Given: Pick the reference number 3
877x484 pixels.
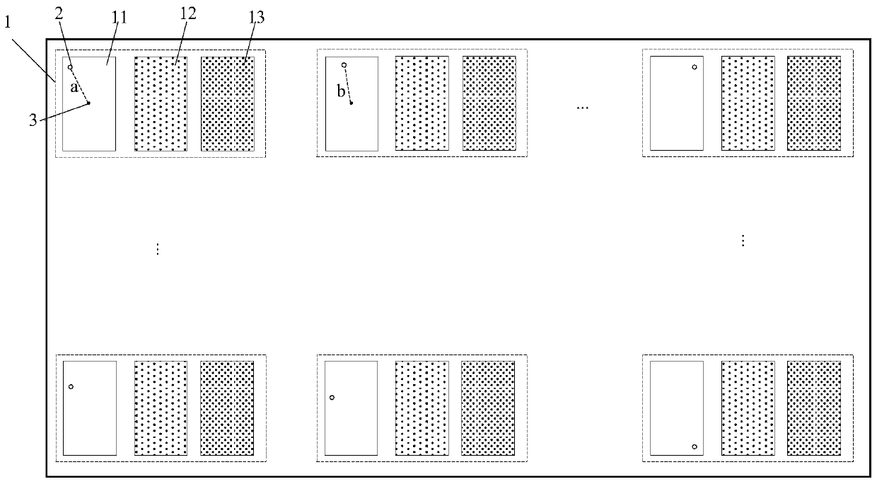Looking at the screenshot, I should point(33,120).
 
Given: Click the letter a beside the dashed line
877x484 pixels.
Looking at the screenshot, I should point(73,88).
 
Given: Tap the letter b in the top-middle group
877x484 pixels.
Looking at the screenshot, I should point(341,92).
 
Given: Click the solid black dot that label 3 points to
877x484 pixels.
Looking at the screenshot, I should point(88,103).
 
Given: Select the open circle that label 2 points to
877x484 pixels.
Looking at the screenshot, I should point(70,67).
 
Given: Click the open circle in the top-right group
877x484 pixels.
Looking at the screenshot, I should point(695,67).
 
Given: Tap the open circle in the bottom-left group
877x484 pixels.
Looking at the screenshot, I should point(71,386).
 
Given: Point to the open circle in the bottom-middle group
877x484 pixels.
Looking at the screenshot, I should point(332,397).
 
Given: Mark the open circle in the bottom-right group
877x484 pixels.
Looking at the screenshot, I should point(695,446).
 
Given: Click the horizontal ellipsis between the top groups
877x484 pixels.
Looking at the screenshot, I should point(582,108).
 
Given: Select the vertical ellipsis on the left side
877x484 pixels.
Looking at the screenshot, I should point(158,249).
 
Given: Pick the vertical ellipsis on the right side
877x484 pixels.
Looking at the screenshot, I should point(743,241).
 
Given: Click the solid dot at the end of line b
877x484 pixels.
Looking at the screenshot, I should point(351,103).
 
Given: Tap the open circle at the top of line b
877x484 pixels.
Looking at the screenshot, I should point(344,65).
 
